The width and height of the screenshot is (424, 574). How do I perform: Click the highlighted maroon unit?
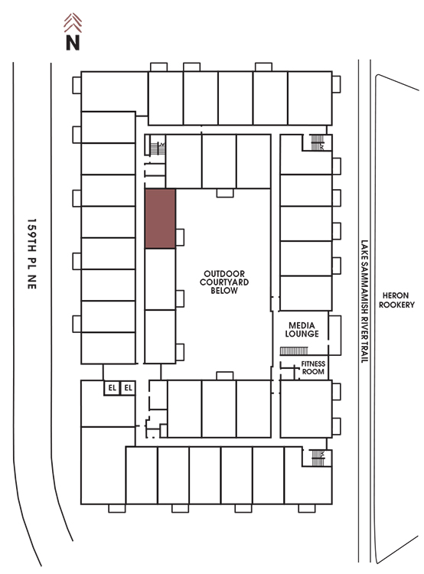click(161, 219)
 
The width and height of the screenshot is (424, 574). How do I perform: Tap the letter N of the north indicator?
click(73, 42)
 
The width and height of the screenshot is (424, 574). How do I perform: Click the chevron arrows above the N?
click(73, 23)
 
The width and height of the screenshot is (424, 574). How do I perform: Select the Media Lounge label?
click(302, 329)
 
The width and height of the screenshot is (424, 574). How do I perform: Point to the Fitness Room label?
click(313, 367)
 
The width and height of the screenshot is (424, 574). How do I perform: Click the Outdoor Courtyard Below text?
click(224, 282)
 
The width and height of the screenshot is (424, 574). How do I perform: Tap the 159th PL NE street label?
click(32, 253)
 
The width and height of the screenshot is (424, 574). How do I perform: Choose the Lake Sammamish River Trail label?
click(364, 302)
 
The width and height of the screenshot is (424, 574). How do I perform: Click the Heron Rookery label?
click(396, 300)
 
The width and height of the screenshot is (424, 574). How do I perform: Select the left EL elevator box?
click(112, 388)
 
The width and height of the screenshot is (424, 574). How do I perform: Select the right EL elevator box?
click(128, 388)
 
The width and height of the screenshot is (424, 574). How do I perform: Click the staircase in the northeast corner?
click(318, 142)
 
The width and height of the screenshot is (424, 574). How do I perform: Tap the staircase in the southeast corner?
click(318, 458)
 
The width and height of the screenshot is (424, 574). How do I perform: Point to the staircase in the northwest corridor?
click(158, 148)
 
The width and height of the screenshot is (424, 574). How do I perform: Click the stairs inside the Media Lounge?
click(294, 351)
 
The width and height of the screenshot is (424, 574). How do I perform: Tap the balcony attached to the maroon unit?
click(180, 237)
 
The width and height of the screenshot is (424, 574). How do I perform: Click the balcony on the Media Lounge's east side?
click(334, 335)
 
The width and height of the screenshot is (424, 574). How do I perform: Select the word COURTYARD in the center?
click(224, 282)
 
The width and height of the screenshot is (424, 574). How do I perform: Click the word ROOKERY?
click(396, 305)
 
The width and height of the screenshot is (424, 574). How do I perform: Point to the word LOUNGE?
click(302, 334)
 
